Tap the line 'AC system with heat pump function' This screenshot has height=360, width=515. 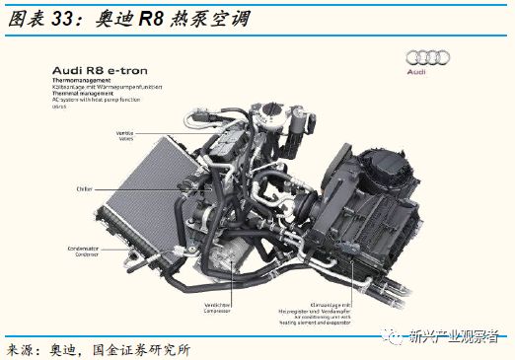coord(93,100)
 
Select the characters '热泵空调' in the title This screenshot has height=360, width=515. coord(208,18)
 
